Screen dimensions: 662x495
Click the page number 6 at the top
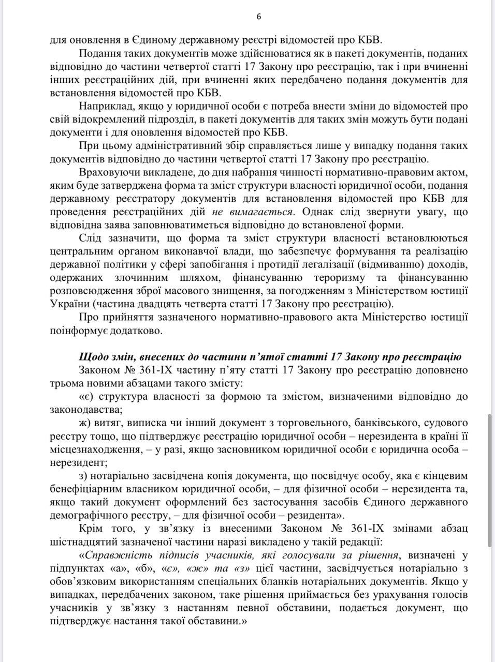pyautogui.click(x=259, y=17)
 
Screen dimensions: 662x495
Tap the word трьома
pyautogui.click(x=65, y=384)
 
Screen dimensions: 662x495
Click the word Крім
pyautogui.click(x=91, y=529)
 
